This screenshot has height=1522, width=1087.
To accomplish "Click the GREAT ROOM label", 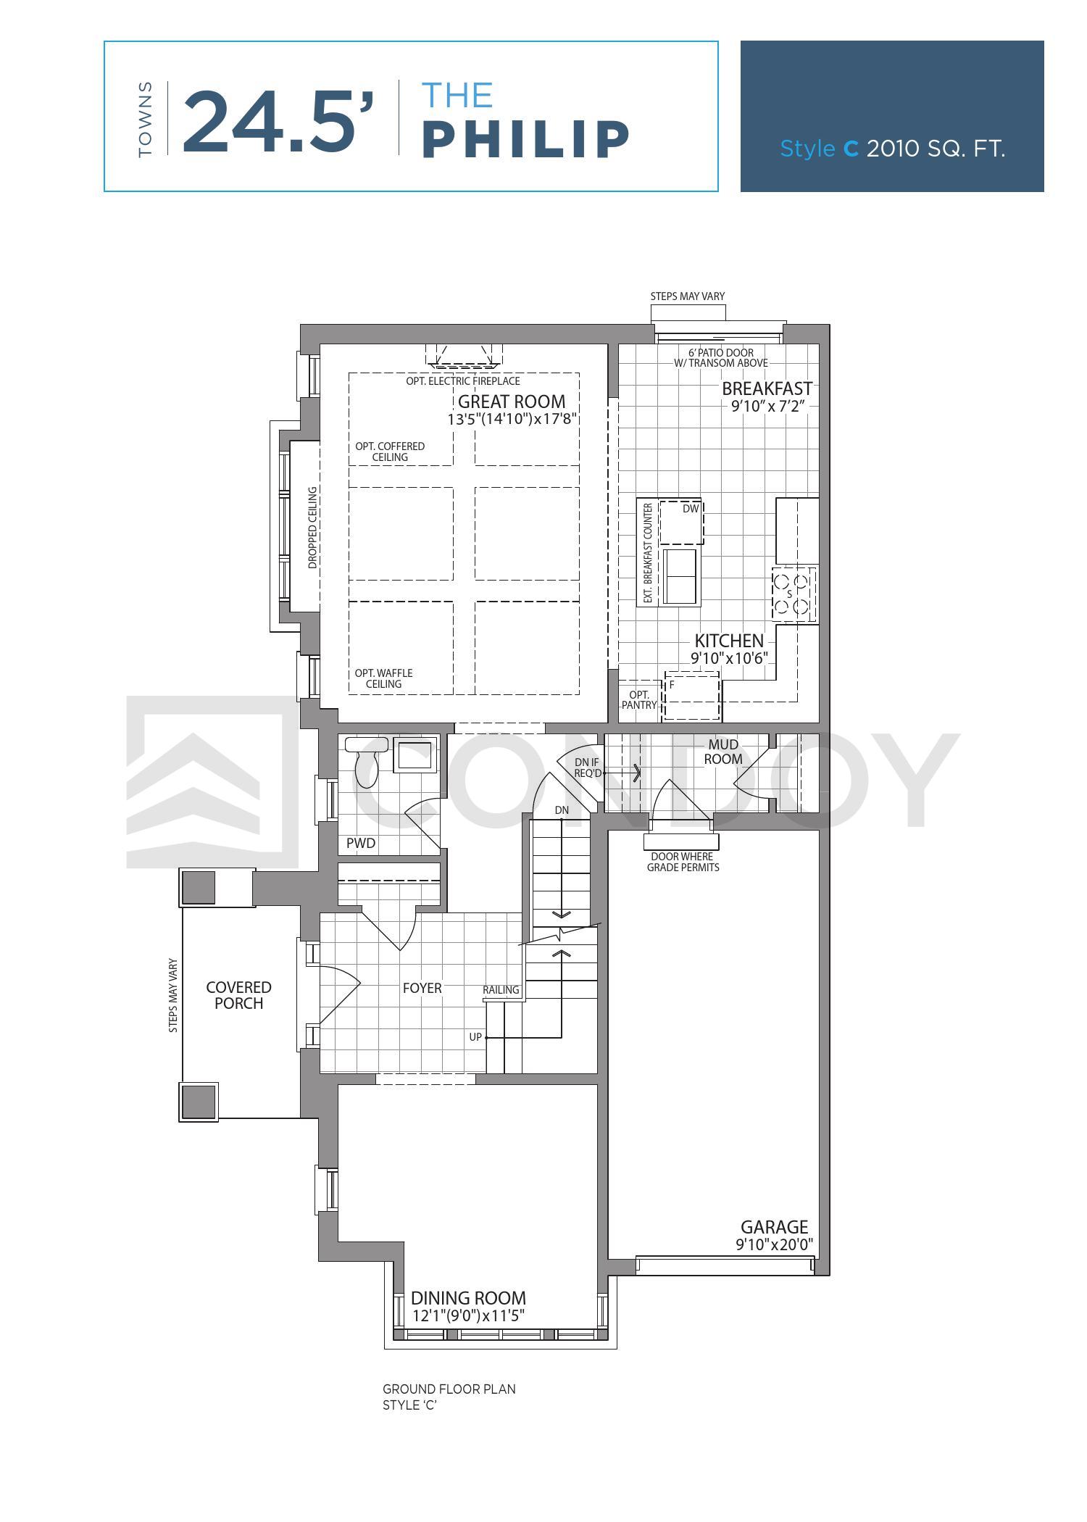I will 512,402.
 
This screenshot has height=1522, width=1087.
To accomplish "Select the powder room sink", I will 415,755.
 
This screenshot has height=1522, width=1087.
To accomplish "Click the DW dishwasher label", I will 691,509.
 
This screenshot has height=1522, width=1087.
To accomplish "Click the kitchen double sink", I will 680,576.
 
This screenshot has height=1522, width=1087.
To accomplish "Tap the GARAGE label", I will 774,1227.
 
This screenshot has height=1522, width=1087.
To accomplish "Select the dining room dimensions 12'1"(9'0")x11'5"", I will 468,1316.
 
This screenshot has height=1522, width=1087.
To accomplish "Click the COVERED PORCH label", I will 238,995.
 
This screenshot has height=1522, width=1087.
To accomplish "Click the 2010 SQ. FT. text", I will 936,149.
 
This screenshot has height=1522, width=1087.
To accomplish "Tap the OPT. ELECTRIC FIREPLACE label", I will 463,381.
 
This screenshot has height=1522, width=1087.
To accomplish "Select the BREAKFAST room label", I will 767,388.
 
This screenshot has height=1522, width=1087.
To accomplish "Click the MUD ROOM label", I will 723,752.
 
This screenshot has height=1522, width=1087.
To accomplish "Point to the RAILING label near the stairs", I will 501,990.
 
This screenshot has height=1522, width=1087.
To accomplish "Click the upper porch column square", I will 198,887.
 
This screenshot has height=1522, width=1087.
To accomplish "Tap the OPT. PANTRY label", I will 639,699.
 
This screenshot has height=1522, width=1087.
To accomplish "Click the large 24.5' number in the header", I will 279,122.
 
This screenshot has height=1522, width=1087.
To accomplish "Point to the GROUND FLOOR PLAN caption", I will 449,1389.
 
